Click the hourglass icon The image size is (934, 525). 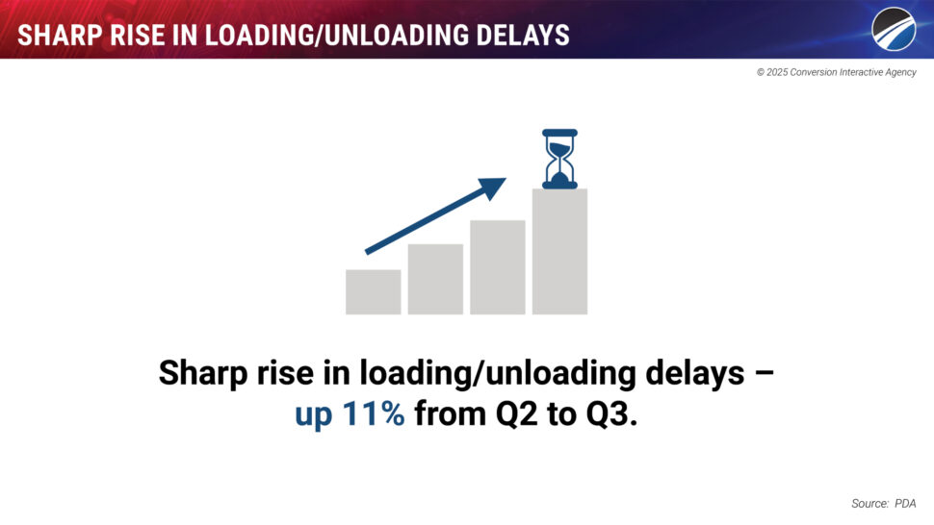[559, 159]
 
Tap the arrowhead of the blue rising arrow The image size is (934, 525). [494, 187]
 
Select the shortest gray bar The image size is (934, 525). [373, 292]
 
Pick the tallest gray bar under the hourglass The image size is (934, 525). [559, 252]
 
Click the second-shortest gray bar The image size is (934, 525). [435, 279]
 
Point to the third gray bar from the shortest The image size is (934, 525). [498, 267]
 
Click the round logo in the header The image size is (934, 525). [894, 29]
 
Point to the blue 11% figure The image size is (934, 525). [374, 413]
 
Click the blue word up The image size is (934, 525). [313, 415]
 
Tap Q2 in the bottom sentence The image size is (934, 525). [517, 413]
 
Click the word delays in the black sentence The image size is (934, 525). [695, 373]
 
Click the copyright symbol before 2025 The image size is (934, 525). [761, 72]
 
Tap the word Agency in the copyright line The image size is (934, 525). [900, 72]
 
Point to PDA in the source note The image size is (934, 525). [905, 504]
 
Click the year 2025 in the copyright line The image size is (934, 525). [777, 72]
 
